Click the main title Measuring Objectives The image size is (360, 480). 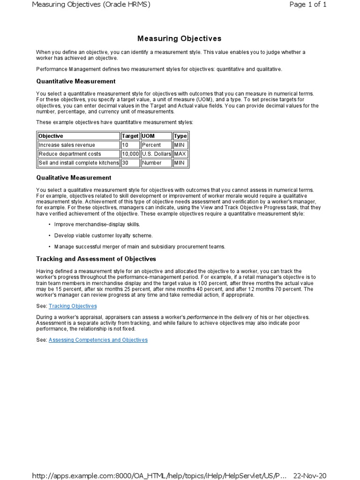pyautogui.click(x=179, y=38)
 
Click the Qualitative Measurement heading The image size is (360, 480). pyautogui.click(x=74, y=178)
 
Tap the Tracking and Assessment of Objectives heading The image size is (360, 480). pyautogui.click(x=96, y=259)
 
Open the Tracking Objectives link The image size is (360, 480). pyautogui.click(x=73, y=306)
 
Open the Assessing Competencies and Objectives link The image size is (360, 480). pyautogui.click(x=98, y=340)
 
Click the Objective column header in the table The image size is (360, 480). pyautogui.click(x=51, y=136)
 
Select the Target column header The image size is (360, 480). pyautogui.click(x=130, y=136)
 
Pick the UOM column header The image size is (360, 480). pyautogui.click(x=148, y=136)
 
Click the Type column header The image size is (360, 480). pyautogui.click(x=180, y=136)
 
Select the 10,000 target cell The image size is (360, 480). pyautogui.click(x=130, y=154)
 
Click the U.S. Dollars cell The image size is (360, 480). pyautogui.click(x=156, y=154)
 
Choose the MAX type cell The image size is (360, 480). pyautogui.click(x=180, y=154)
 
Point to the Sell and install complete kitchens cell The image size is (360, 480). pyautogui.click(x=78, y=163)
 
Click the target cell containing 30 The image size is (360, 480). pyautogui.click(x=126, y=163)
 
